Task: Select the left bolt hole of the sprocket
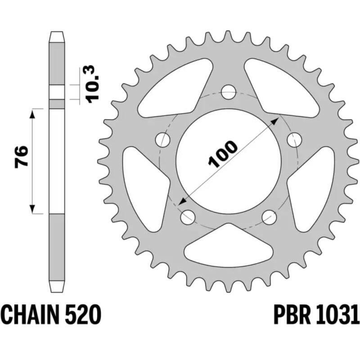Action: pyautogui.click(x=163, y=140)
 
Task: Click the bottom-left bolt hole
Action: pyautogui.click(x=188, y=217)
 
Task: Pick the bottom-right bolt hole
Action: pyautogui.click(x=269, y=217)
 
